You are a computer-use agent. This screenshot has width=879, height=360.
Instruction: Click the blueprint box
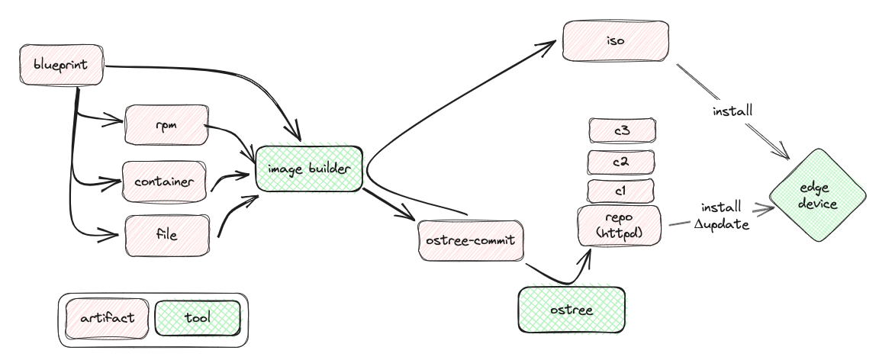[x=62, y=65]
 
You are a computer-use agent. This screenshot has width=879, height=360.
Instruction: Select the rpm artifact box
[x=166, y=124]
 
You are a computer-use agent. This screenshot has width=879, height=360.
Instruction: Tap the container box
[x=164, y=182]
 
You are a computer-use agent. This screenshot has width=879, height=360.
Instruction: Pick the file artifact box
[x=167, y=236]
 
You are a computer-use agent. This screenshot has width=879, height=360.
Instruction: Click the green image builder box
[x=309, y=169]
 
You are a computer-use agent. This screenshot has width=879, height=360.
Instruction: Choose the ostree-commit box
[x=471, y=240]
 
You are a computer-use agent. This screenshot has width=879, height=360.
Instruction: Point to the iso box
[x=616, y=41]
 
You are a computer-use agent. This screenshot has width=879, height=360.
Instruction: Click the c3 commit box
[x=622, y=130]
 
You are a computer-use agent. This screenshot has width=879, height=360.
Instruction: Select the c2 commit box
[x=620, y=162]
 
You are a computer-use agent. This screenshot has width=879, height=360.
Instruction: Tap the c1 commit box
[x=620, y=191]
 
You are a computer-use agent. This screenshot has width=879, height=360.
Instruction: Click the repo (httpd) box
[x=620, y=226]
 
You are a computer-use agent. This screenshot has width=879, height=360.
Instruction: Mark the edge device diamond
[x=818, y=195]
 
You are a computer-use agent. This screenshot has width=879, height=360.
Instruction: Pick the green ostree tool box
[x=572, y=310]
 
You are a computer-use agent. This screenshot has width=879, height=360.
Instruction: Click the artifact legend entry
[x=107, y=319]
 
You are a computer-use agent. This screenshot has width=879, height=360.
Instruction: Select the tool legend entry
[x=198, y=318]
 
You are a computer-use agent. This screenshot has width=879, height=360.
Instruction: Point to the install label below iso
[x=732, y=111]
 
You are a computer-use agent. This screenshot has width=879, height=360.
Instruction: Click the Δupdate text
[x=722, y=225]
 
